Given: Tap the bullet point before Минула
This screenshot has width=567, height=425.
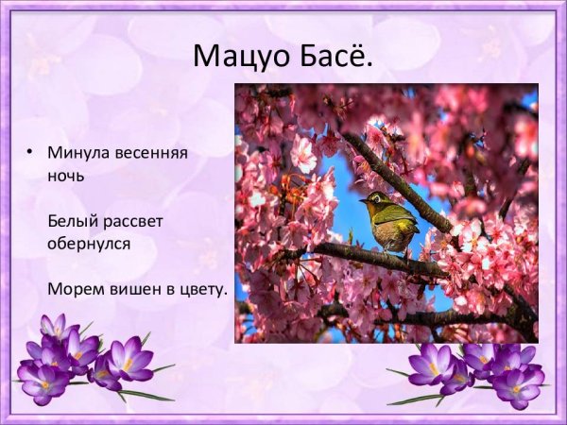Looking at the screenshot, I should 30,151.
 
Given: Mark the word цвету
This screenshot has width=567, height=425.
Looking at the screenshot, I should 205,289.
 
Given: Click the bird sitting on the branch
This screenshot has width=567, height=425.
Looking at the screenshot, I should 389,222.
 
